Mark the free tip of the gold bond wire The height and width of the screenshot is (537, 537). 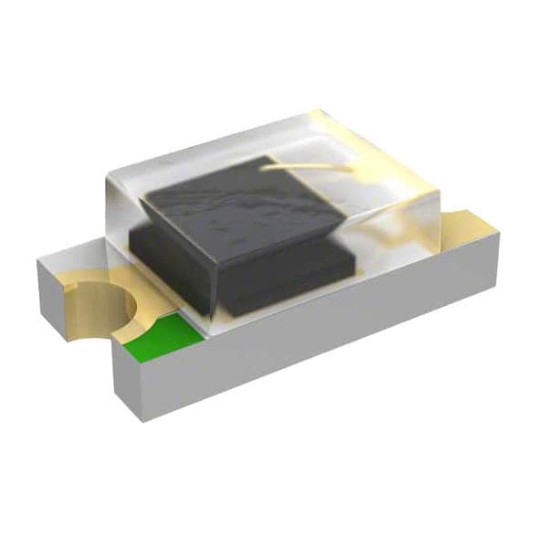pos(352,168)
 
